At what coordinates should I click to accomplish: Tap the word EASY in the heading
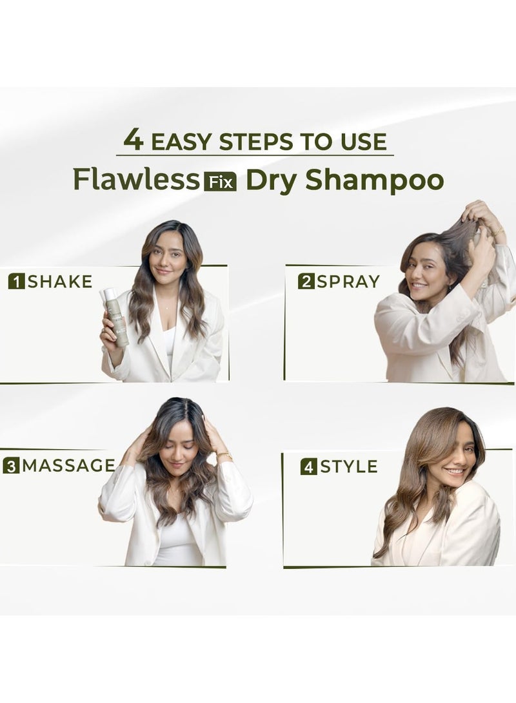point(177,142)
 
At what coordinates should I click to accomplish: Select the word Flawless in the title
point(136,180)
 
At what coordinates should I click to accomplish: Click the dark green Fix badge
point(220,182)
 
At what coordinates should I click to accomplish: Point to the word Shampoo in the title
point(374,181)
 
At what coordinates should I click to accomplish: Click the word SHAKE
point(60,281)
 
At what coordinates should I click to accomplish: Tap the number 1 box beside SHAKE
point(17,281)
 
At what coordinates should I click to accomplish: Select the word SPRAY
point(348,282)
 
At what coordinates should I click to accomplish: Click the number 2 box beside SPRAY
point(306,282)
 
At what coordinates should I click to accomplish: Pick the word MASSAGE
point(68,465)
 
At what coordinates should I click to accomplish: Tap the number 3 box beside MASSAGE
point(10,465)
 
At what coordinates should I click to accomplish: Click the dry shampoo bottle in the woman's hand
point(117,319)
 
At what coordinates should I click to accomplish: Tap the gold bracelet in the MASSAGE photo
point(224,456)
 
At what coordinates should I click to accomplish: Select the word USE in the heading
point(363,142)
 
